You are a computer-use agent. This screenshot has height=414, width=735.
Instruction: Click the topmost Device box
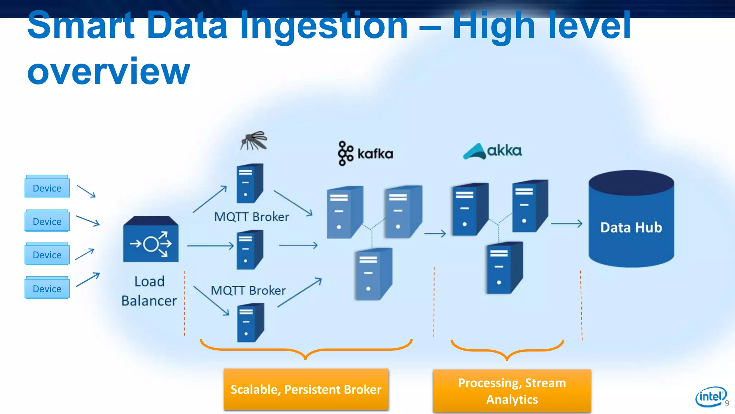[47, 187]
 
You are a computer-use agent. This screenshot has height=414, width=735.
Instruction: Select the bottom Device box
[47, 288]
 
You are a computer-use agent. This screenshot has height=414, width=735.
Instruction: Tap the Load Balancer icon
[151, 239]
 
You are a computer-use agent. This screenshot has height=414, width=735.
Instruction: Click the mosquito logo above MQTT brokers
[254, 141]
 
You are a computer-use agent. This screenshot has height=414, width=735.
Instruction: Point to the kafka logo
[365, 153]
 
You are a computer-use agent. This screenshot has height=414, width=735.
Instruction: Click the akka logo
[492, 151]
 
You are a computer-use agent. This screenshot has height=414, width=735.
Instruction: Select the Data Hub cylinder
[631, 219]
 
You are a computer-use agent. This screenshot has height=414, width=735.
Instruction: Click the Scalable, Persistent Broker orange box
[306, 390]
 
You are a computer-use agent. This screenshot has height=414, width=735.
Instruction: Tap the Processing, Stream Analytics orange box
[512, 391]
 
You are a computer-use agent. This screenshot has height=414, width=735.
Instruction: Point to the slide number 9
[727, 404]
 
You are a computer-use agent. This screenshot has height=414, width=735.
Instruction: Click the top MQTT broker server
[250, 184]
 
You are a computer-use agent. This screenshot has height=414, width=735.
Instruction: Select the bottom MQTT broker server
[251, 323]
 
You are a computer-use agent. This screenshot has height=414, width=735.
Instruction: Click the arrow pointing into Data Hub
[566, 224]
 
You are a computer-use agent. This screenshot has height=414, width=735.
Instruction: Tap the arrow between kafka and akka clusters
[435, 234]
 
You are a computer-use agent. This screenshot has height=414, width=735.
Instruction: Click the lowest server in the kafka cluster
[373, 274]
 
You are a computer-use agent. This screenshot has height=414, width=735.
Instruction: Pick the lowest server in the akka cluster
[504, 268]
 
